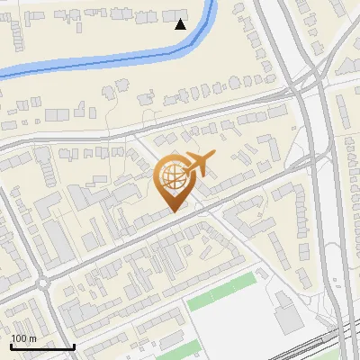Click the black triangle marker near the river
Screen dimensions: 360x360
(180, 24)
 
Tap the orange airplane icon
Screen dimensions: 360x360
(197, 165)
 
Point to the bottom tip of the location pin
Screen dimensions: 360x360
(173, 211)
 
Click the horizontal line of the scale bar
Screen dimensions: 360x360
(42, 346)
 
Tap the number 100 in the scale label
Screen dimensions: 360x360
(19, 338)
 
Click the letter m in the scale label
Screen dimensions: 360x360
(32, 338)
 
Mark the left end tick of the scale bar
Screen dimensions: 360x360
(12, 346)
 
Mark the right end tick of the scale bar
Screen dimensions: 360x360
(73, 346)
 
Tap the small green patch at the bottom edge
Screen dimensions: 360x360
(175, 343)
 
